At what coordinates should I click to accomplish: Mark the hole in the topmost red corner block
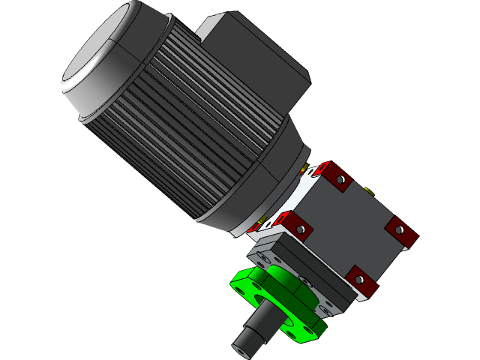click(x=340, y=179)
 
